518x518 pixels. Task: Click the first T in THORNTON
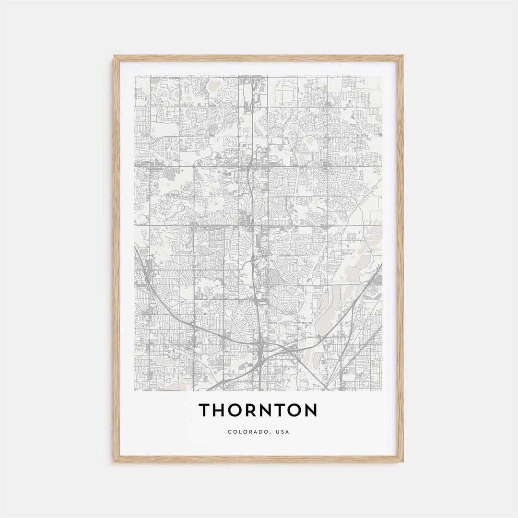click(x=205, y=411)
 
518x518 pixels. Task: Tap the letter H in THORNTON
click(x=221, y=411)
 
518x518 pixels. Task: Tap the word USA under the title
click(x=283, y=432)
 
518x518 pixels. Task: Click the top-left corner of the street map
click(x=135, y=76)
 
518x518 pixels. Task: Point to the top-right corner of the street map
click(x=382, y=76)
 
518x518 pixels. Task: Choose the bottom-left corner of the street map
click(x=135, y=390)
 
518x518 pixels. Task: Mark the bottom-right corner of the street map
click(x=382, y=390)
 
